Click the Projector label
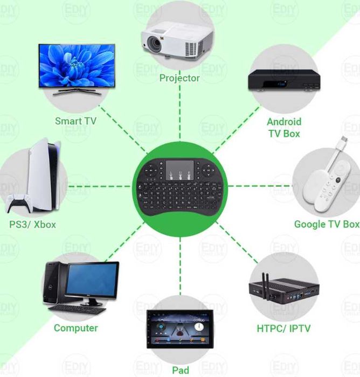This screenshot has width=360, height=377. point(179,78)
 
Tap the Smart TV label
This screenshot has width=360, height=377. point(76,121)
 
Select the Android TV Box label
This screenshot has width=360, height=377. point(284,128)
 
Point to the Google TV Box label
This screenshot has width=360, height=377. point(327,224)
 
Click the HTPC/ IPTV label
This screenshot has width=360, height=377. point(283,328)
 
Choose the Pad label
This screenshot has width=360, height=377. point(181,370)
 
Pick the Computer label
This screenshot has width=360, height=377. point(76,327)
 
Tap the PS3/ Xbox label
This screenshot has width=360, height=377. point(32,224)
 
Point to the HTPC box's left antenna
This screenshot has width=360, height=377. point(265,283)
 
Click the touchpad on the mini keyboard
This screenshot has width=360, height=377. point(176,170)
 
